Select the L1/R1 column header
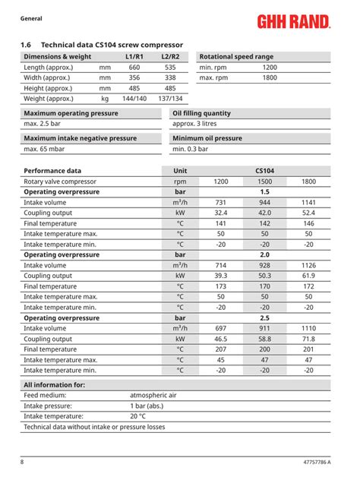click(x=134, y=57)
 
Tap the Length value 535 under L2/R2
click(x=170, y=68)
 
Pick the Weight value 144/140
click(x=134, y=99)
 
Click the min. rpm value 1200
click(x=270, y=68)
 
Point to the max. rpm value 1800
click(x=270, y=78)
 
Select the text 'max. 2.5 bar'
click(x=42, y=124)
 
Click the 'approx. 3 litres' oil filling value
click(x=194, y=124)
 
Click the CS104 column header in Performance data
click(x=264, y=172)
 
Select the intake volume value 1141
click(x=308, y=202)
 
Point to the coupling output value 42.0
click(x=264, y=213)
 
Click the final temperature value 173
click(x=221, y=286)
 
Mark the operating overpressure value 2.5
click(x=264, y=317)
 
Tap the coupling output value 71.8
click(x=308, y=339)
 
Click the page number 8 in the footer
click(x=23, y=463)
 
